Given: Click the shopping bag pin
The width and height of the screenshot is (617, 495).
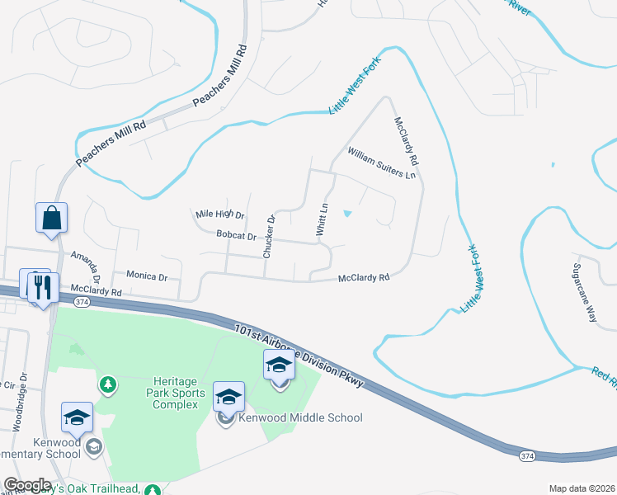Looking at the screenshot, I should (51, 219).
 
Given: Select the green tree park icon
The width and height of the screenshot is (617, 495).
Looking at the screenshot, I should (107, 384).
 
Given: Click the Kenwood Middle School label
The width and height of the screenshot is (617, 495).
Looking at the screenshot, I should (299, 417).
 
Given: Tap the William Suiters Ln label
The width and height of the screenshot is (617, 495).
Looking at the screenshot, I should (382, 163).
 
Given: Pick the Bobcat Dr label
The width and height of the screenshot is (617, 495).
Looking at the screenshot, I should (236, 236).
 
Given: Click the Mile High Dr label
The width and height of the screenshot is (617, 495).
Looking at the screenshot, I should (220, 214).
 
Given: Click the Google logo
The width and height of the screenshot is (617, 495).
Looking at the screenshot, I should (26, 485).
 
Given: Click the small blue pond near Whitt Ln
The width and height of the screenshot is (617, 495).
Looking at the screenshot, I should (347, 214).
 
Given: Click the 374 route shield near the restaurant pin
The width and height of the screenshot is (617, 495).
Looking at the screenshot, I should (59, 302).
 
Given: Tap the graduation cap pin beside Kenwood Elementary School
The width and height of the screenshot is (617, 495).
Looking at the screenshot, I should (77, 418).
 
